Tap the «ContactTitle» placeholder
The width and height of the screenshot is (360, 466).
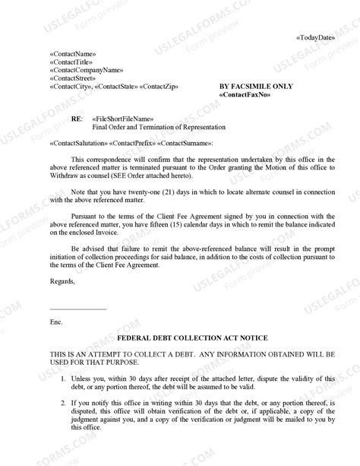71,62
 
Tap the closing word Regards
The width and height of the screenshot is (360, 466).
62,282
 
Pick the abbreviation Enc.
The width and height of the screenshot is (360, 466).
55,322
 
